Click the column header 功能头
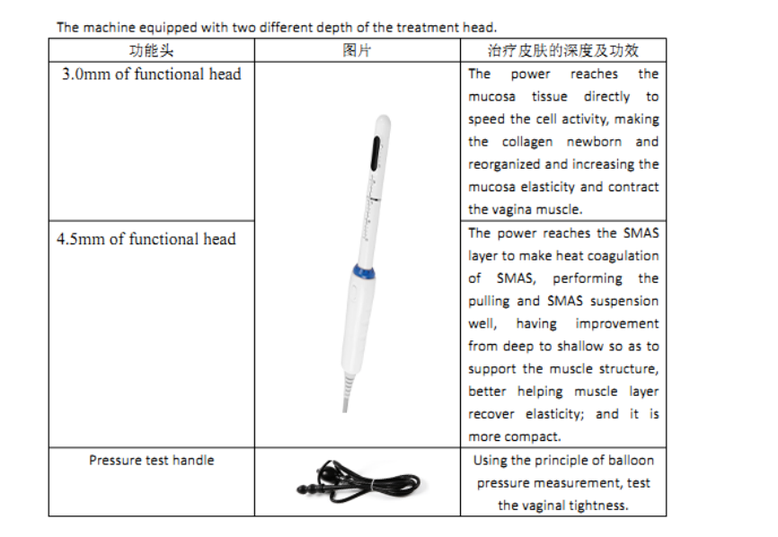click(151, 50)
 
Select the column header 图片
click(357, 50)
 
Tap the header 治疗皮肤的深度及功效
click(563, 50)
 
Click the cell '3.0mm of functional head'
click(151, 75)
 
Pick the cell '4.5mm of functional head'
click(146, 239)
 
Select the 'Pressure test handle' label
click(151, 461)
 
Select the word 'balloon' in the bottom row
click(632, 461)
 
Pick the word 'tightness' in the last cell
click(598, 506)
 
